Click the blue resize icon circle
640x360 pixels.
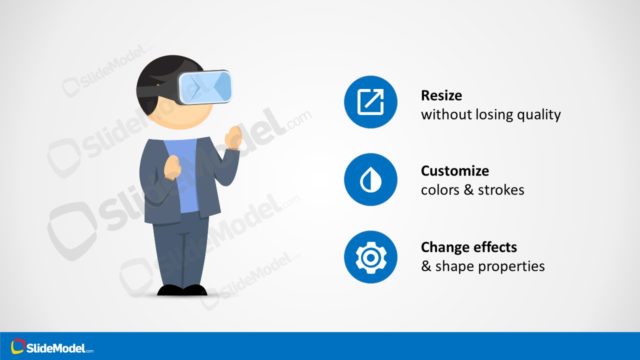(x=370, y=102)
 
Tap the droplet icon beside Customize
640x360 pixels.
(x=370, y=180)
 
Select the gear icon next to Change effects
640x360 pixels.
(x=370, y=257)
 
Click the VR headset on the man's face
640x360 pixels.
(x=206, y=87)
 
